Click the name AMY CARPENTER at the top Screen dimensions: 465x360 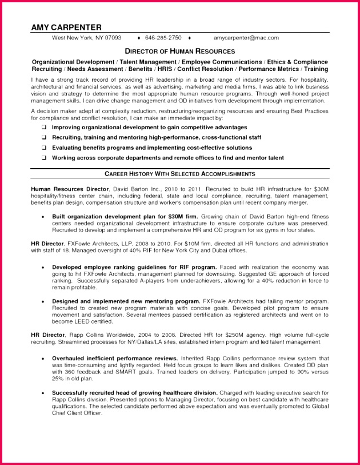(x=66, y=27)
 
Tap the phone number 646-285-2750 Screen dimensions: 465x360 (x=163, y=38)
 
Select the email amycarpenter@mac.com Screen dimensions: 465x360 (x=246, y=38)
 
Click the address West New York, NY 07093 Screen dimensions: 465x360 (x=86, y=38)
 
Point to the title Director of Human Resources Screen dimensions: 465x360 (x=180, y=51)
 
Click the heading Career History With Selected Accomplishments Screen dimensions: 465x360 (x=180, y=173)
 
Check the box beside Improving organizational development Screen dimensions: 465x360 (x=44, y=127)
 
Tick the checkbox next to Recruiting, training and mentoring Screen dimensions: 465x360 (x=44, y=137)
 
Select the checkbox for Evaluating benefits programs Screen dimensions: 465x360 (x=44, y=148)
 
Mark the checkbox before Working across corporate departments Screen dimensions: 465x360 (x=44, y=158)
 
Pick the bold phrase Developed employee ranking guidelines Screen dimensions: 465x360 (x=134, y=267)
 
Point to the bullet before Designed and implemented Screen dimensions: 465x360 (x=43, y=301)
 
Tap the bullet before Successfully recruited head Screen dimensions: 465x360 (x=43, y=393)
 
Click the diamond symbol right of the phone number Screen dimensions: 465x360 (x=188, y=38)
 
